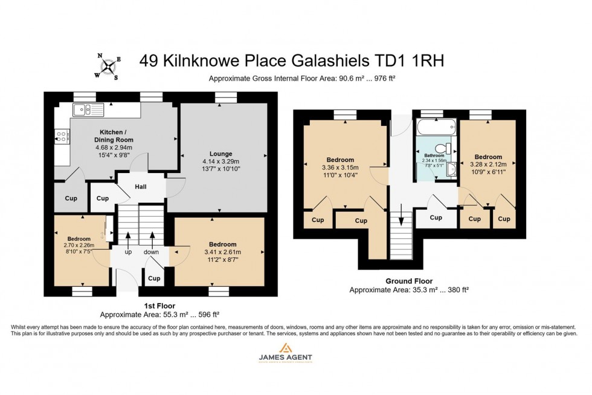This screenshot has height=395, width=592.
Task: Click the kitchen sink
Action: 88,109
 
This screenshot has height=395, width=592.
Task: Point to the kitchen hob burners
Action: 61,137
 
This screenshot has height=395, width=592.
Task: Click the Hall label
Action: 141,187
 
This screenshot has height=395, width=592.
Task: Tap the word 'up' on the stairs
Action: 128,252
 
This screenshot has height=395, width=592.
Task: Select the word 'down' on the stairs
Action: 152,252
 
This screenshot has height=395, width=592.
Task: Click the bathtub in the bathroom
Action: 436,126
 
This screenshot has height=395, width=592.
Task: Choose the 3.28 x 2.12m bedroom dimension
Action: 488,165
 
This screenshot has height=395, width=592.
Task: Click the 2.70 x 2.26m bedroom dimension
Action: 80,245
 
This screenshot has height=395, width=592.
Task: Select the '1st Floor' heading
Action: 160,306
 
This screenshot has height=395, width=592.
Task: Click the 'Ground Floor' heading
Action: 409,281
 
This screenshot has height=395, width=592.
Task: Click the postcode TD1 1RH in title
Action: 413,60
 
